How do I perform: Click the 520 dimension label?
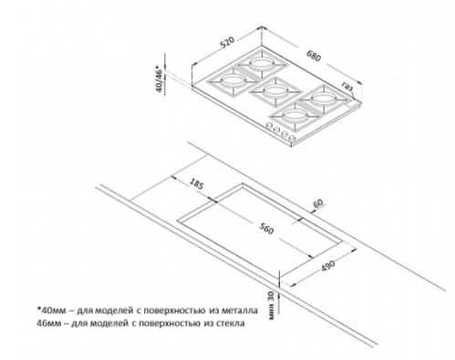click(x=228, y=43)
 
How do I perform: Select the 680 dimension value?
click(x=314, y=56)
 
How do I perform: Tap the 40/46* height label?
click(x=160, y=78)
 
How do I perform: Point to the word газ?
click(x=347, y=86)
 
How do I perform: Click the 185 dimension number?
click(x=196, y=183)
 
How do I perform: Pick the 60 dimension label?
click(x=318, y=203)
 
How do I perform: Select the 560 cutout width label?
click(x=266, y=229)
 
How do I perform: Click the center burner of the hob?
click(x=274, y=91)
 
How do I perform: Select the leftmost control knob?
click(x=269, y=126)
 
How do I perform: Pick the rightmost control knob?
click(x=292, y=138)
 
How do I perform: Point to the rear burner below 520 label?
click(x=261, y=64)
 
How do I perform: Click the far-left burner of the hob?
click(x=233, y=81)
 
